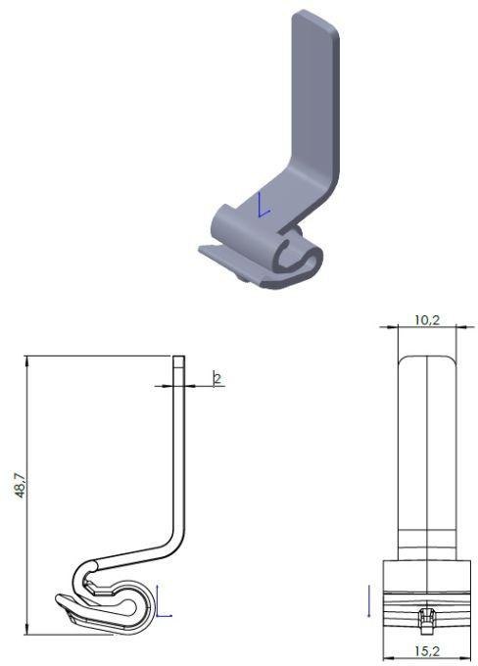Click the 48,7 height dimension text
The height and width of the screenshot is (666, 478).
[x=21, y=485]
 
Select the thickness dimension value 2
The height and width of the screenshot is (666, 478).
[x=217, y=378]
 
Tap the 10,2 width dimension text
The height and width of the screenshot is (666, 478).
[x=427, y=320]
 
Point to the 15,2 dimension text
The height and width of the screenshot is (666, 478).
[x=427, y=650]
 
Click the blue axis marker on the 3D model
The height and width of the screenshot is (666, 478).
[x=263, y=205]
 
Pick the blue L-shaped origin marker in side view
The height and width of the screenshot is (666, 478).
[x=163, y=601]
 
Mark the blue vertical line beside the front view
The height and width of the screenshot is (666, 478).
[x=368, y=601]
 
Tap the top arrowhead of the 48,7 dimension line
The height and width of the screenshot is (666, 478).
[x=26, y=360]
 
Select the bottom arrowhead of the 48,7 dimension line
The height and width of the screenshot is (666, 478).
[x=26, y=631]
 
